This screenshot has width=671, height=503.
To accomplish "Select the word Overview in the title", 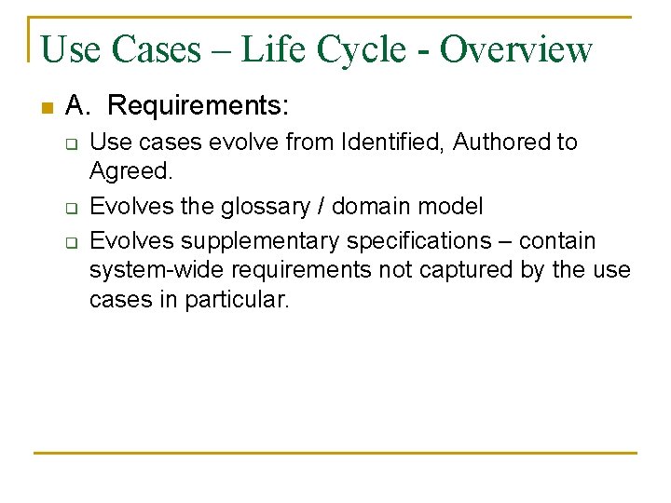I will (x=516, y=49).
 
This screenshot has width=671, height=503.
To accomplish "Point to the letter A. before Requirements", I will (x=77, y=106).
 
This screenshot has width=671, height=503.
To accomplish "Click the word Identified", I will (x=392, y=143).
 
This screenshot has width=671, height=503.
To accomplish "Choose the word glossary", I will (x=267, y=207).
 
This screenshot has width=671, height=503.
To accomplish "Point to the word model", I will (x=453, y=207).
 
